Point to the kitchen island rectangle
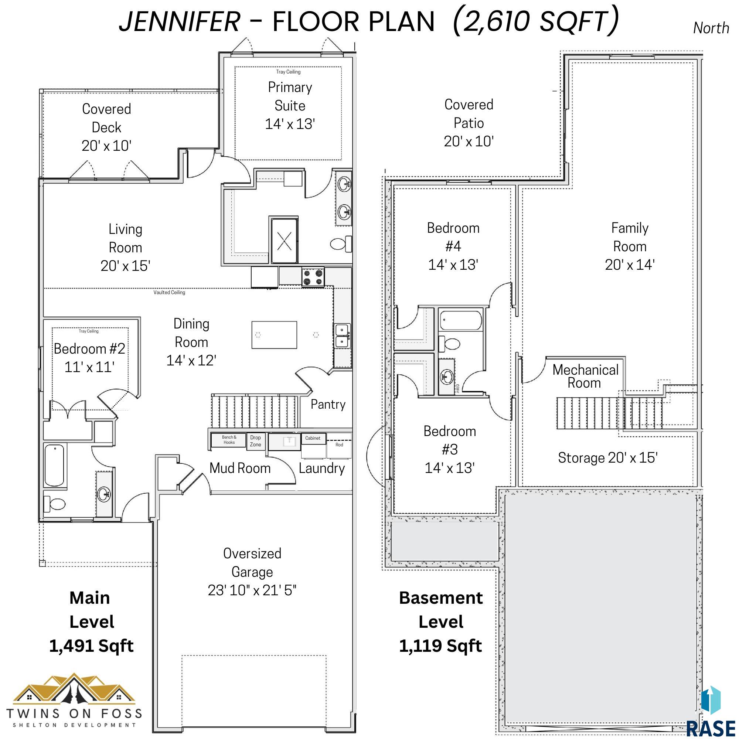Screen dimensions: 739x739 click(x=274, y=335)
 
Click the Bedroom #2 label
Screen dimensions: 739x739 click(x=89, y=348)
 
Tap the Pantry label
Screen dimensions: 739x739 click(x=328, y=404)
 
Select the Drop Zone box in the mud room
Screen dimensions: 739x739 click(x=256, y=441)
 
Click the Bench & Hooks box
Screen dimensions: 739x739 click(x=229, y=440)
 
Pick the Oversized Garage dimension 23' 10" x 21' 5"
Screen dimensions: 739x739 click(x=252, y=590)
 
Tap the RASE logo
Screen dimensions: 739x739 click(x=710, y=714)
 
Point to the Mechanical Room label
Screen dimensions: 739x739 click(x=585, y=377)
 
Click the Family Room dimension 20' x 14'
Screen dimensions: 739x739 click(x=630, y=265)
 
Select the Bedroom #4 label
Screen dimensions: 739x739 click(x=453, y=237)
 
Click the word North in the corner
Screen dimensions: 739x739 click(x=711, y=28)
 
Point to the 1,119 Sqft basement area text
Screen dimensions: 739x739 click(x=441, y=646)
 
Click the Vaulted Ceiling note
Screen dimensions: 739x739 click(x=169, y=293)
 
